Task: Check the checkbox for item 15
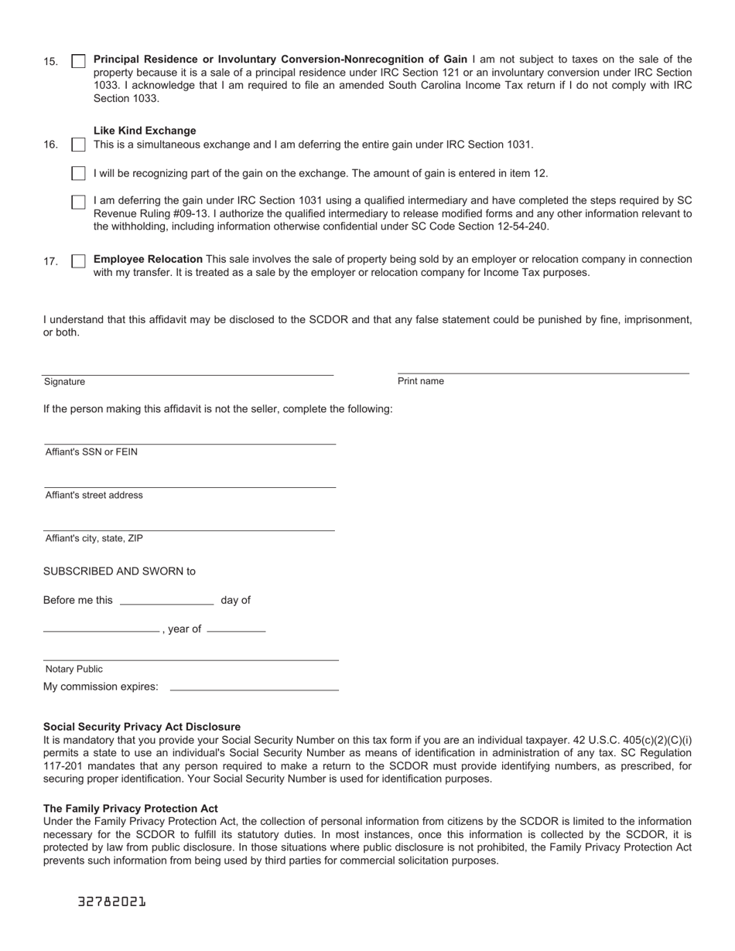(x=78, y=61)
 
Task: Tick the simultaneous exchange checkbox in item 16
(x=78, y=145)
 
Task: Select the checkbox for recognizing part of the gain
(x=78, y=173)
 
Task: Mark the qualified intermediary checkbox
(x=78, y=202)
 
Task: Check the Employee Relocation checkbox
(x=78, y=261)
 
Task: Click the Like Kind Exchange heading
(x=145, y=131)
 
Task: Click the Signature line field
(x=188, y=369)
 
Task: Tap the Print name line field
(x=543, y=367)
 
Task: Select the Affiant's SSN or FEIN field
(x=190, y=438)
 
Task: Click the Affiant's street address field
(x=190, y=481)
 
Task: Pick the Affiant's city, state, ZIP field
(x=190, y=524)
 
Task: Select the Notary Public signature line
(x=191, y=654)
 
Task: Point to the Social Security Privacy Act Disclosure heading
(x=142, y=727)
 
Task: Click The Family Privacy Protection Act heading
(x=131, y=809)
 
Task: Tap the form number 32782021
(x=112, y=902)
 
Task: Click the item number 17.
(x=51, y=262)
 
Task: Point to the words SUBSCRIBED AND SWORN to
(x=119, y=571)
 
